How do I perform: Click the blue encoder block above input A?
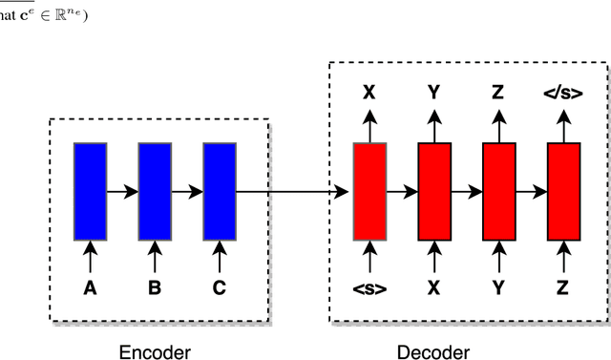point(90,191)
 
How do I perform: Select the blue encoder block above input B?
point(155,191)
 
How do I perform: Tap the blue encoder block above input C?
point(219,191)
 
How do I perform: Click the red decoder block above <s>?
point(369,191)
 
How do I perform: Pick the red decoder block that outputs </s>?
point(563,191)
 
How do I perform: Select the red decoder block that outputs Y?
point(434,191)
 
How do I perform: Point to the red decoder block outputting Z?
point(499,191)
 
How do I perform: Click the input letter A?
point(90,287)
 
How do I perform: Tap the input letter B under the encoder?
point(155,287)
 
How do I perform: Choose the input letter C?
point(219,287)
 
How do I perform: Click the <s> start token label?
point(369,287)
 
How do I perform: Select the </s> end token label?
point(563,94)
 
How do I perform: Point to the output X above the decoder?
point(369,94)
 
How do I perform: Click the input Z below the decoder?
point(563,287)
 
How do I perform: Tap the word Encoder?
point(155,352)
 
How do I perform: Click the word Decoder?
point(433,352)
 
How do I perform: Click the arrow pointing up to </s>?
point(563,124)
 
